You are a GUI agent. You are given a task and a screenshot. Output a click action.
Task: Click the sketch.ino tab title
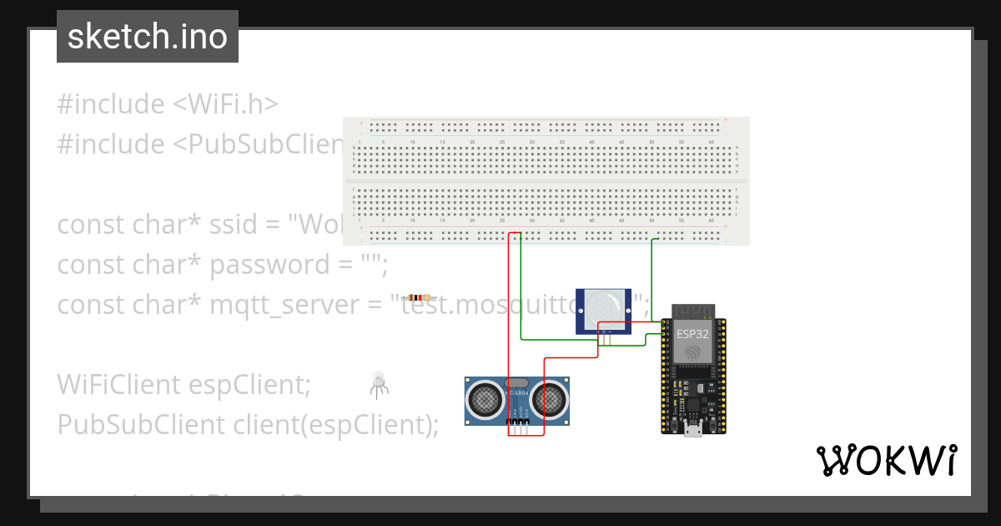click(147, 38)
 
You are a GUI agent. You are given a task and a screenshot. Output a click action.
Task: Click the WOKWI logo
click(886, 460)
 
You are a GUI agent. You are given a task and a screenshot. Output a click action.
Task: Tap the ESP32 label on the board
click(692, 334)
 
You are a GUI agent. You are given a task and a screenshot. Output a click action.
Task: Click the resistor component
click(418, 297)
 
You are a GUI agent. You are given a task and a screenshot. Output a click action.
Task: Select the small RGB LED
click(377, 382)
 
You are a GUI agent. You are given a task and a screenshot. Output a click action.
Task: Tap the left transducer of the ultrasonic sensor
click(485, 400)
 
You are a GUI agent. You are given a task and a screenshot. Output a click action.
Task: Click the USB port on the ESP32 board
click(693, 430)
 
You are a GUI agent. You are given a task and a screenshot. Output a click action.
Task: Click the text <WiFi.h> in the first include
click(225, 104)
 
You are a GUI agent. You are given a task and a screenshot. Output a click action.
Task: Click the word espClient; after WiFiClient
click(249, 385)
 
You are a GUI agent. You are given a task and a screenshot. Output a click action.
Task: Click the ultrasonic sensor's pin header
click(518, 428)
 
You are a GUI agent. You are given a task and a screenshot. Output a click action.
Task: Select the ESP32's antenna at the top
click(692, 312)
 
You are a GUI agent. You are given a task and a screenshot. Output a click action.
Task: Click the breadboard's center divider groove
click(546, 180)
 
